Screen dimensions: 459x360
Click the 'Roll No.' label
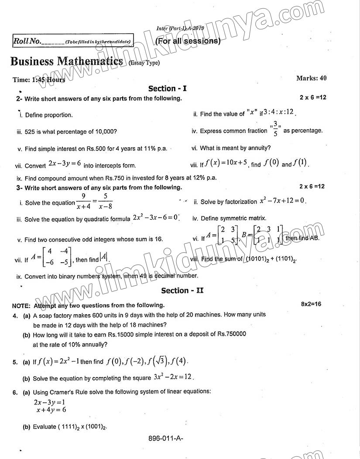tap(27, 41)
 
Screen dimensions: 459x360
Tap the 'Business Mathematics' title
tap(67, 61)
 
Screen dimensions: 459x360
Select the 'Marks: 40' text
tap(311, 79)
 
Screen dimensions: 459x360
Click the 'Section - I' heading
tap(167, 89)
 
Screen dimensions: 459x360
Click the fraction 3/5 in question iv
tap(275, 130)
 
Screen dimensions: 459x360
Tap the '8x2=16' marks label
tap(311, 304)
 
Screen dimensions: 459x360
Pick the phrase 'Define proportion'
tap(49, 115)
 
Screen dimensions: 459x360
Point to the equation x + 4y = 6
tap(51, 410)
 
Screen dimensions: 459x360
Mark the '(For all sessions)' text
tap(188, 41)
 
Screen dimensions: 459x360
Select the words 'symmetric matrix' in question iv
tap(244, 218)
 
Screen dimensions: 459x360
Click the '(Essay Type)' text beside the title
tap(144, 63)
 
